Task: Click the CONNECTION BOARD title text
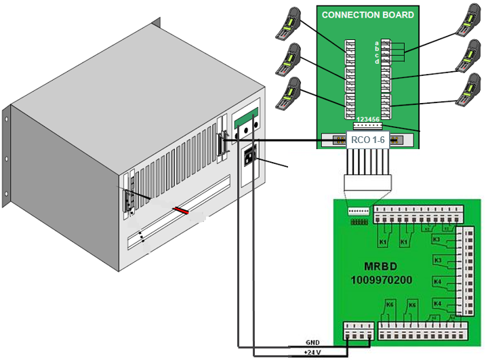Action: (x=367, y=14)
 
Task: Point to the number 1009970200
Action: (x=382, y=279)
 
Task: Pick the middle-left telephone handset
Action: (x=289, y=60)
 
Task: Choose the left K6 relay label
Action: (x=389, y=305)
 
